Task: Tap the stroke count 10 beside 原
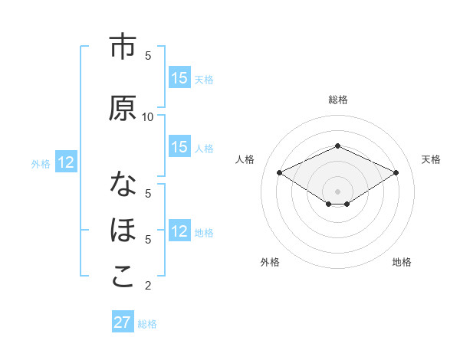tap(148, 116)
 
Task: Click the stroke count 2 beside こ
tap(148, 286)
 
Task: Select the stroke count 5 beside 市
tap(148, 55)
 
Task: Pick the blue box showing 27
tap(123, 322)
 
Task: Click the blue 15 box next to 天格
tap(179, 78)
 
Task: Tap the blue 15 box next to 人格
tap(179, 147)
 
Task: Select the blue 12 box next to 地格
tap(179, 231)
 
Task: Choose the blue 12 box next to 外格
tap(65, 162)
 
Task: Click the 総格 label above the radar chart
tap(338, 100)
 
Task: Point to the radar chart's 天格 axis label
tap(431, 159)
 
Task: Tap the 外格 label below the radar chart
tap(270, 262)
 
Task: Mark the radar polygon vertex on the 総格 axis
tap(338, 146)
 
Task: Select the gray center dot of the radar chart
tap(338, 191)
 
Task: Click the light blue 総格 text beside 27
tap(147, 323)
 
